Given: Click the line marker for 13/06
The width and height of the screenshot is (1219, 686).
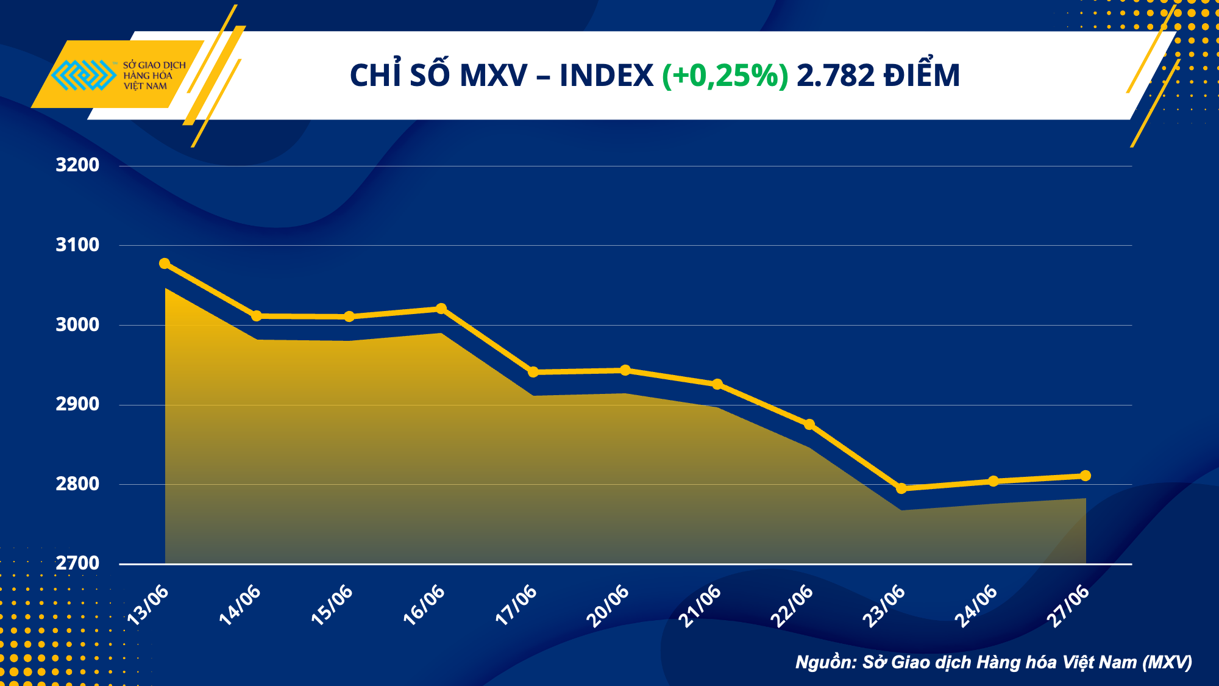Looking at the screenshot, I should [165, 263].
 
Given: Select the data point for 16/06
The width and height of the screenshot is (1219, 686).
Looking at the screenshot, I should [441, 309].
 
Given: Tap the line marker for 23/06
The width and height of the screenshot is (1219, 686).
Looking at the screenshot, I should [901, 488].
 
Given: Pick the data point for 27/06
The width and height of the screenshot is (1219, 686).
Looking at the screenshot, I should [1086, 476].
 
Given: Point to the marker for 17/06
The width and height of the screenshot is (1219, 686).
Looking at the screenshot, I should [533, 372].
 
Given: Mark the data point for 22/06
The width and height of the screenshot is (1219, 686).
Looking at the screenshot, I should [809, 424].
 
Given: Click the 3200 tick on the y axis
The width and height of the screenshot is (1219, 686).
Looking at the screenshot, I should [77, 165].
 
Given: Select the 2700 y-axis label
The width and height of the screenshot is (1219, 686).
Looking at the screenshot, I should [77, 563].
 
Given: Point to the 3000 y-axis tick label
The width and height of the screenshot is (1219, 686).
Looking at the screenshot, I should [77, 325].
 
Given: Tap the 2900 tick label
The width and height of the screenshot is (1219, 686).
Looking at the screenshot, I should [77, 404].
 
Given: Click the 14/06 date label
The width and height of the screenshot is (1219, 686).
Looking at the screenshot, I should [240, 605].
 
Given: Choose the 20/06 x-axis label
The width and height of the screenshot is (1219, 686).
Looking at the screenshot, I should [607, 606].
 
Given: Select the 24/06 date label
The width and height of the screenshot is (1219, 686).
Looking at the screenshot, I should [975, 606].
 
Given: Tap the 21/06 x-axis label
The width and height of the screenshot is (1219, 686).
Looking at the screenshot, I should [699, 606].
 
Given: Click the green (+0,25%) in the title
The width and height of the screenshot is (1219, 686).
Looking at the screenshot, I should [725, 76].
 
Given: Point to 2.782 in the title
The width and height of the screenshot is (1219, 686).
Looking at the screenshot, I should [836, 76].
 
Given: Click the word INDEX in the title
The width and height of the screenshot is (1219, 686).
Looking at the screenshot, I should [606, 76].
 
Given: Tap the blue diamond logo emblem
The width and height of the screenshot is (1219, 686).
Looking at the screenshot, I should [84, 75].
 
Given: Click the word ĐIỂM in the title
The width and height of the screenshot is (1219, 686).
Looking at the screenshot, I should [922, 76].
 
